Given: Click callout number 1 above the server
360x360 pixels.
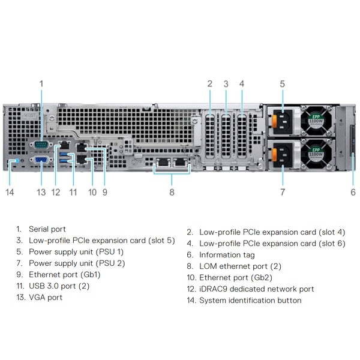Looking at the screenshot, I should click(41, 84).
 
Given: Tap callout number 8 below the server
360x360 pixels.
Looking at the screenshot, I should click(172, 192).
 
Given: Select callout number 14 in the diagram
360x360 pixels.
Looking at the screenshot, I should click(10, 192).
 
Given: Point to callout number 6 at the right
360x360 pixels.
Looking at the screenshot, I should click(353, 192).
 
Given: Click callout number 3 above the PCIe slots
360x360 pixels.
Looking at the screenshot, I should click(226, 84).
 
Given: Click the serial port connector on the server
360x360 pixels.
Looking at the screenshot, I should click(41, 144).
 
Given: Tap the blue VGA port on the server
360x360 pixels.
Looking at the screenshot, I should click(41, 161).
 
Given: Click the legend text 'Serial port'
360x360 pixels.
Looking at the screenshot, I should click(47, 229).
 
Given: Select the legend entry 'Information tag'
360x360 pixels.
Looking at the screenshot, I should click(227, 255).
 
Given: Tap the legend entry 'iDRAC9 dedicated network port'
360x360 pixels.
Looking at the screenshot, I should click(256, 289).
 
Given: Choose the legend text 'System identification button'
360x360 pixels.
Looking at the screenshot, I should click(250, 301).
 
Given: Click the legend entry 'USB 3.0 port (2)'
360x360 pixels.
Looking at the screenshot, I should click(59, 286).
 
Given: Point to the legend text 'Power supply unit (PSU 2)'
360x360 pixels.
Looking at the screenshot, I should click(76, 263).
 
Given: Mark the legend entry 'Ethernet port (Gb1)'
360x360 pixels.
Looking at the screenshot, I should click(65, 274).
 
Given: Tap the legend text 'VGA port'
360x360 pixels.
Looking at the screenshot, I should click(46, 297).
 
